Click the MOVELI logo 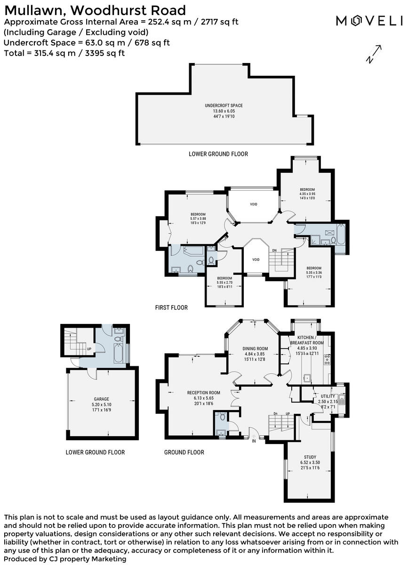point(369,21)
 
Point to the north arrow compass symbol point(374,54)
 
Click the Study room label point(310,457)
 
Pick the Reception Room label point(203,393)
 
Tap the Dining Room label point(255,348)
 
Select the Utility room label point(328,396)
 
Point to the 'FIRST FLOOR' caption point(171,307)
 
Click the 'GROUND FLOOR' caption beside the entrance point(184,452)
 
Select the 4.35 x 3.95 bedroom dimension point(307,193)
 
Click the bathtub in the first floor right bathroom point(340,233)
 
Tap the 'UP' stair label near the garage point(89,349)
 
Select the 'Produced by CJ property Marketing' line point(65,559)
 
